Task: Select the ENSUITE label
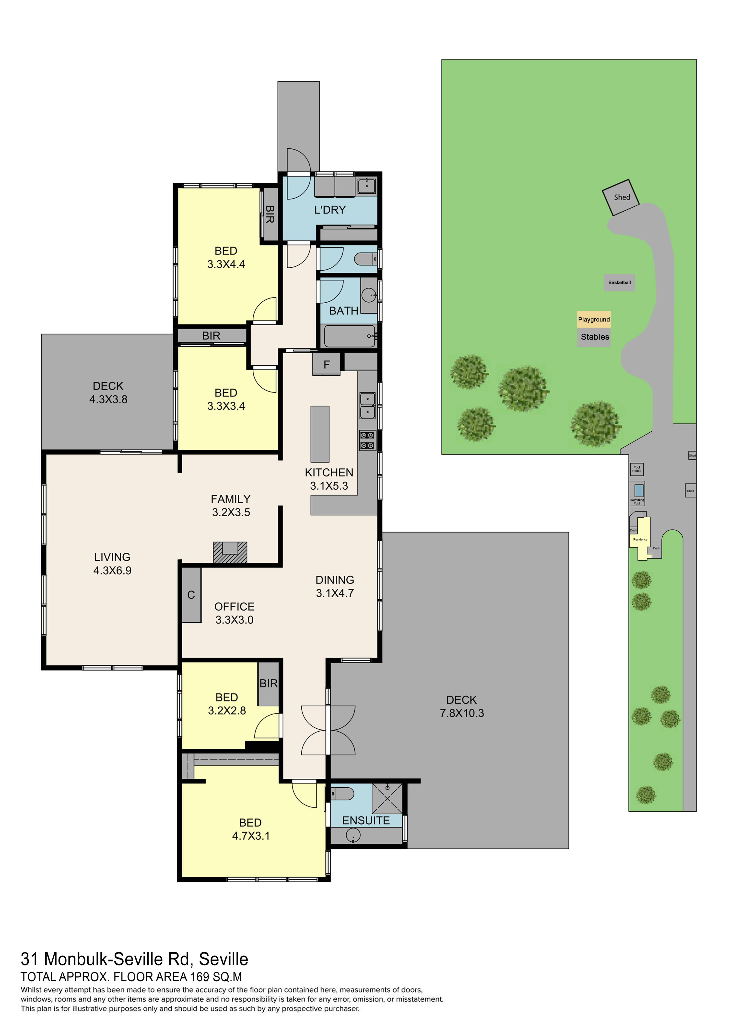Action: (366, 820)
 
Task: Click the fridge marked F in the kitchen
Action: (326, 364)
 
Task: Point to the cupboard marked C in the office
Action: (191, 595)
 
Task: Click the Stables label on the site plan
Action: (595, 337)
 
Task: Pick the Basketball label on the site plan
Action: (619, 283)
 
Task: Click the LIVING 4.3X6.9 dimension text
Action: (112, 570)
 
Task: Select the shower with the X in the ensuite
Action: (387, 798)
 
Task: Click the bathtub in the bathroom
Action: (349, 336)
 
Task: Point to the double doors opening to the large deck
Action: (328, 730)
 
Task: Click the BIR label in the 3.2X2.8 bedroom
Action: (269, 683)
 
